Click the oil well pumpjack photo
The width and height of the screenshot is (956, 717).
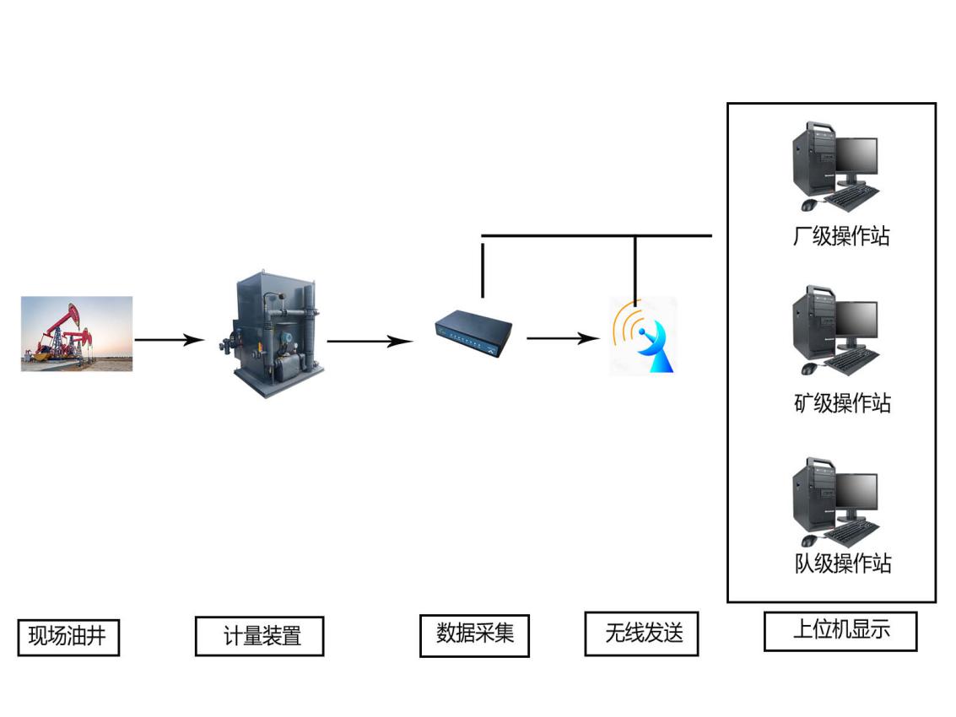(77, 333)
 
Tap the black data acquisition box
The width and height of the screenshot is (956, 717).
(474, 331)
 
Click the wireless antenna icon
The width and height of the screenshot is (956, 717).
(643, 336)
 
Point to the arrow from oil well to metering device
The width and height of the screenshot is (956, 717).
(169, 340)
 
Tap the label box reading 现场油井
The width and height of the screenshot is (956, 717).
(68, 637)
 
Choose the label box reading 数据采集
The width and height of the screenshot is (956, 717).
(474, 634)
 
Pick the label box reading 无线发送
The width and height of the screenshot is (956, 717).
(641, 633)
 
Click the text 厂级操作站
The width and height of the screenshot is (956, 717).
(840, 235)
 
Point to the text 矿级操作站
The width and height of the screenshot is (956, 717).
(840, 403)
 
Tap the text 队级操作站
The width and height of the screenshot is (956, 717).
(842, 563)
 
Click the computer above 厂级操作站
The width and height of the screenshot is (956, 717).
(835, 165)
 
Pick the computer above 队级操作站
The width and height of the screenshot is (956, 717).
(835, 501)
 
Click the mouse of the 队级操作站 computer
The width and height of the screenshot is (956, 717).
(808, 540)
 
